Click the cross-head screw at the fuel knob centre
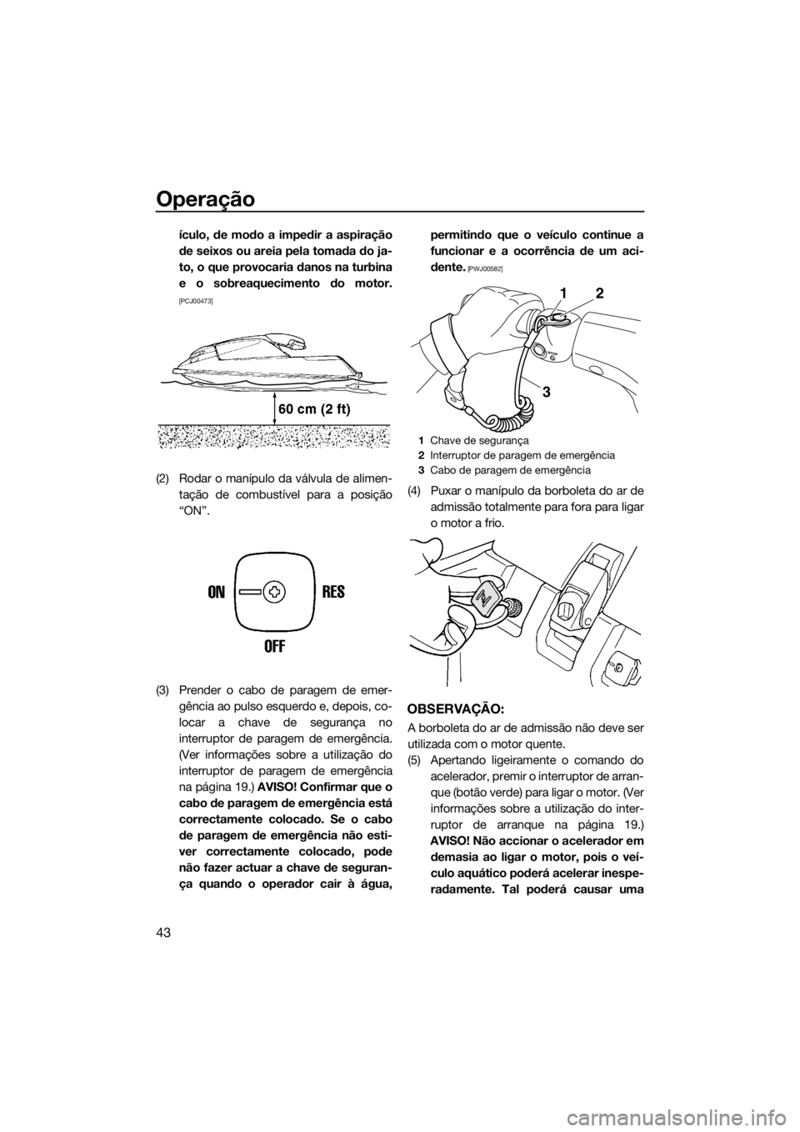(274, 592)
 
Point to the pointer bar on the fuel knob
(251, 592)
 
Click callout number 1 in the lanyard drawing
(564, 293)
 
